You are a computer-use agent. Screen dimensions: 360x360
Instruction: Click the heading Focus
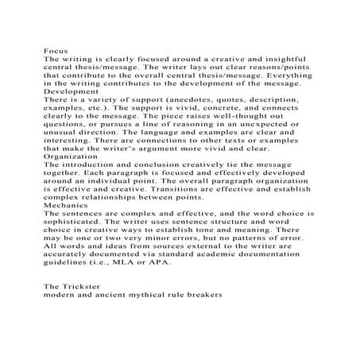[x=55, y=49]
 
